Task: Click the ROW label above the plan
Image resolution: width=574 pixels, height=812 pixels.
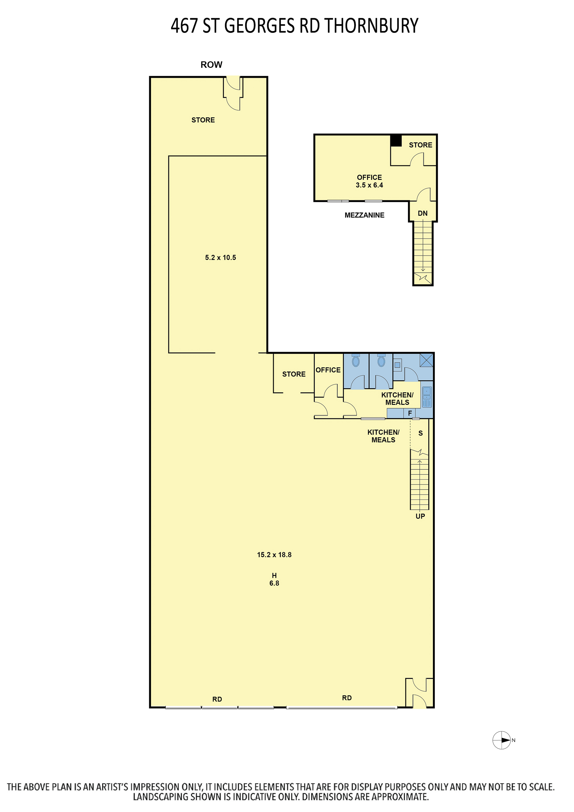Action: coord(211,65)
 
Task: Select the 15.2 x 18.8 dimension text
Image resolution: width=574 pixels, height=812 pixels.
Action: coord(274,555)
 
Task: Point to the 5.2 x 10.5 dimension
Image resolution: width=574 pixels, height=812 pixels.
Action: coord(221,258)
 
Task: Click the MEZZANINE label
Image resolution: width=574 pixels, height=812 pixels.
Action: coord(364,215)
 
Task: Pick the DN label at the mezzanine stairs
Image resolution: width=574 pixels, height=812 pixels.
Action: coord(423,213)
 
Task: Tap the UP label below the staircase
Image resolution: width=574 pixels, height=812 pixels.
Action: coord(420,516)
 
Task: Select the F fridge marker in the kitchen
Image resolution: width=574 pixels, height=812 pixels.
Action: coord(410,413)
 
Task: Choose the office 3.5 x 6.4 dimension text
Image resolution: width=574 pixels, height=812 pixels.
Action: coord(369,185)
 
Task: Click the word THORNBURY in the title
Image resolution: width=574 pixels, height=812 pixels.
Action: coord(371,26)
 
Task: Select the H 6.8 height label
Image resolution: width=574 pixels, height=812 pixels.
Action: coord(274,579)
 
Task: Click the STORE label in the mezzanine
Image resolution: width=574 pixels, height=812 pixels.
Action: coord(421,145)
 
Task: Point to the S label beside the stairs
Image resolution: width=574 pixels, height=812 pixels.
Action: coord(421,433)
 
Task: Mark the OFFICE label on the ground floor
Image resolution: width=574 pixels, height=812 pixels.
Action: coord(328,370)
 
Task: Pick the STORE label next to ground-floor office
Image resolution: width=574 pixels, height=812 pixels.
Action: coord(294,374)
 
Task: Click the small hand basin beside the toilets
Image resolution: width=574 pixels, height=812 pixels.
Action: coord(398,365)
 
